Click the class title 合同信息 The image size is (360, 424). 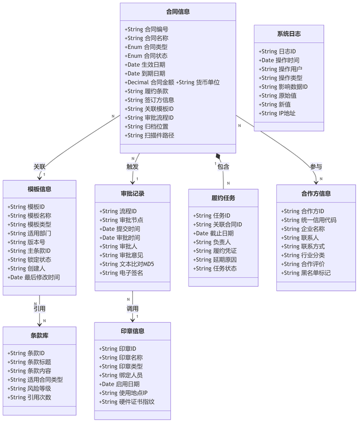click(178, 12)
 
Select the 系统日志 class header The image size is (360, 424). click(289, 34)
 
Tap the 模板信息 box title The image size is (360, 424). click(39, 189)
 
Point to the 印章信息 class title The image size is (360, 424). click(133, 331)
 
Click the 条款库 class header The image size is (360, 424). click(39, 336)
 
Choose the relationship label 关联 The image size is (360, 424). click(39, 166)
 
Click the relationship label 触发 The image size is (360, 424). click(133, 166)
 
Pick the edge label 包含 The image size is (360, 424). click(223, 166)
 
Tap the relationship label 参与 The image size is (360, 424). click(316, 166)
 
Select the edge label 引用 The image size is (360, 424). click(39, 309)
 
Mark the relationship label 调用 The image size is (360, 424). click(133, 309)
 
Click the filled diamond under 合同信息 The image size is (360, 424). click(218, 156)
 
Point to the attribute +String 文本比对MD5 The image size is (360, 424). click(127, 264)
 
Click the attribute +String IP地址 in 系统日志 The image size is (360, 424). click(277, 113)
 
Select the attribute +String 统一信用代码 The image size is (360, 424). click(309, 220)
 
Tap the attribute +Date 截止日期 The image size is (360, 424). click(213, 233)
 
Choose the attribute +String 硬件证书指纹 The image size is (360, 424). click(127, 402)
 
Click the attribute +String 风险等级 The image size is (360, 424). click(29, 389)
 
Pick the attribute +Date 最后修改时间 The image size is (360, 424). click(34, 277)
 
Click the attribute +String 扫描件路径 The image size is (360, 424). click(149, 136)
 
